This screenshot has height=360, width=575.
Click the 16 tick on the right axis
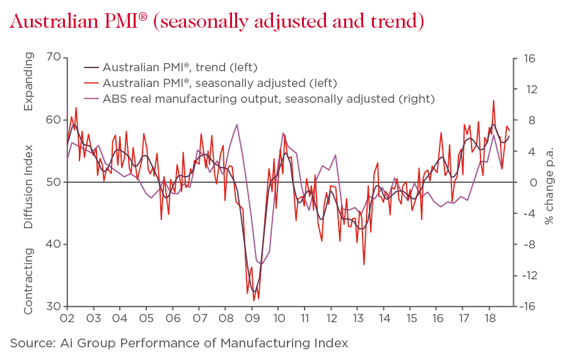pos(528,58)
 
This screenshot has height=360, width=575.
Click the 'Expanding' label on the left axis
pos(28,82)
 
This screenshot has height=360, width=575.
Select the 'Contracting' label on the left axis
pos(28,281)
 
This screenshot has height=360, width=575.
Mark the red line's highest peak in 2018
pos(494,100)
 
